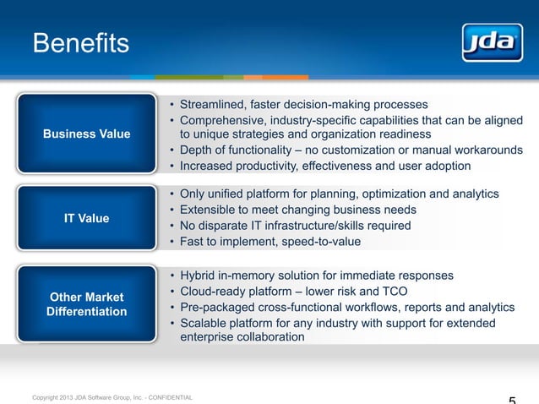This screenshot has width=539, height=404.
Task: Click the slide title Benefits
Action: coord(80,42)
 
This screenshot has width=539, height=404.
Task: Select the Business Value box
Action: coord(87,134)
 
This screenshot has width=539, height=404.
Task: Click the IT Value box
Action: coord(87,218)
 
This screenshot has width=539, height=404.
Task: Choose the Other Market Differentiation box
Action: coord(87,304)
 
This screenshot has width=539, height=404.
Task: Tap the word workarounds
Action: coord(487,150)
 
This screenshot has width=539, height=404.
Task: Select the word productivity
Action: coord(275,166)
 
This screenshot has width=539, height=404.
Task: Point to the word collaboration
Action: coord(268,337)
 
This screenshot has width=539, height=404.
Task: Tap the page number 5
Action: coord(513,399)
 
